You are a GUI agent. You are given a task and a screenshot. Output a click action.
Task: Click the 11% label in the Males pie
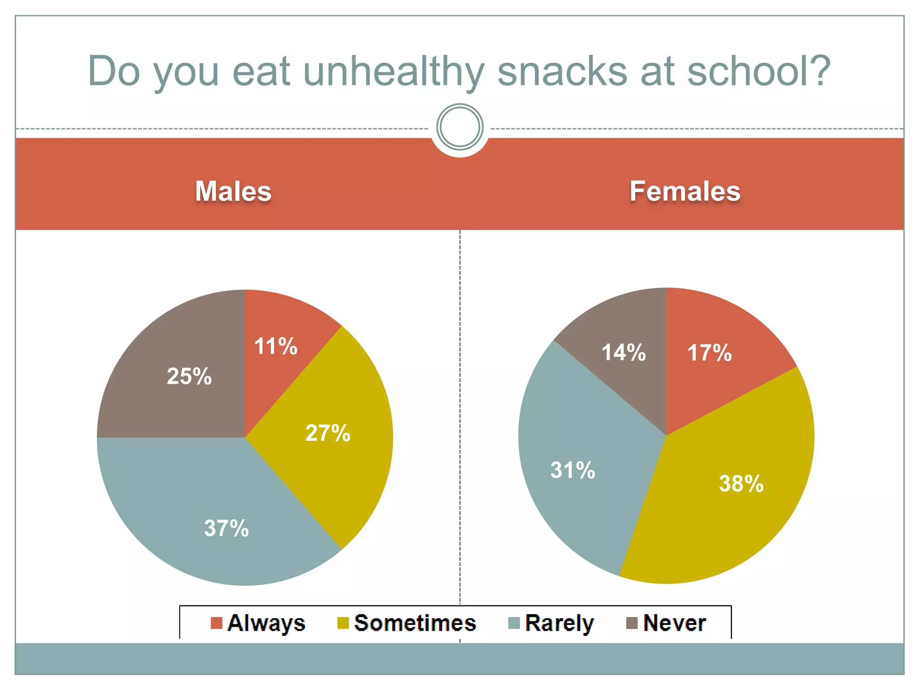275,346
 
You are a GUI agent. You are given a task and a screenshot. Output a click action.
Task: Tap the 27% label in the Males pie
327,433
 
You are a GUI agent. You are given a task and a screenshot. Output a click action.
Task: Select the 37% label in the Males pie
226,528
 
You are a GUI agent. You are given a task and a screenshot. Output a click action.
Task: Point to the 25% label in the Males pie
189,376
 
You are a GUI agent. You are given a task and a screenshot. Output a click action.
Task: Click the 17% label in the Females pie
709,353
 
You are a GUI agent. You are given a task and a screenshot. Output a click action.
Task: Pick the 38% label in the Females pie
741,484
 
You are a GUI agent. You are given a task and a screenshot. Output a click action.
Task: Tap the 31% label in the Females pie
573,470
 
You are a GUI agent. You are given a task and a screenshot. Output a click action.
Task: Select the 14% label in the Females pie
624,353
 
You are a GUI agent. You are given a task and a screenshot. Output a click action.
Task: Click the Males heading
233,191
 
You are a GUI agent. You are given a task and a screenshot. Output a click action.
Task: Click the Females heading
685,191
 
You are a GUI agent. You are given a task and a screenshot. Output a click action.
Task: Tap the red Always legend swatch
217,623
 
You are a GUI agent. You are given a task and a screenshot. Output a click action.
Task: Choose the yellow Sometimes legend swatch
343,623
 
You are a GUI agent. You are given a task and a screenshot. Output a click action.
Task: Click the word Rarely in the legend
559,624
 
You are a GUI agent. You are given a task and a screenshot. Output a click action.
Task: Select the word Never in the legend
674,623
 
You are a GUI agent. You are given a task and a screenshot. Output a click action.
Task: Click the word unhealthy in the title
394,72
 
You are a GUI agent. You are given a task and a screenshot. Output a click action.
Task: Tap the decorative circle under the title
460,127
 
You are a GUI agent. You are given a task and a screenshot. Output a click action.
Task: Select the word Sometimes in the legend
415,623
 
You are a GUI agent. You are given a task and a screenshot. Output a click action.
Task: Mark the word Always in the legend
266,624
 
